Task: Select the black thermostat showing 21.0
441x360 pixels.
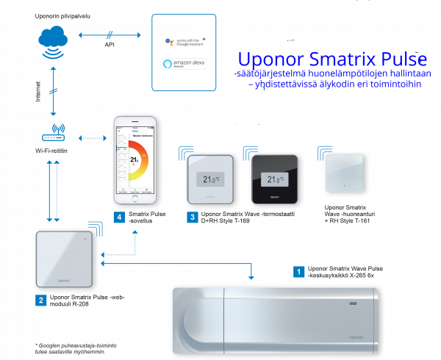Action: (273, 179)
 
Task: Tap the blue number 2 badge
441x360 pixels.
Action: (40, 299)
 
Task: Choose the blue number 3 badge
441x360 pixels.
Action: (191, 217)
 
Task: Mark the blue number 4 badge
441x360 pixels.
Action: (119, 217)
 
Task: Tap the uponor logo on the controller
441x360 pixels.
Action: (359, 336)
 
